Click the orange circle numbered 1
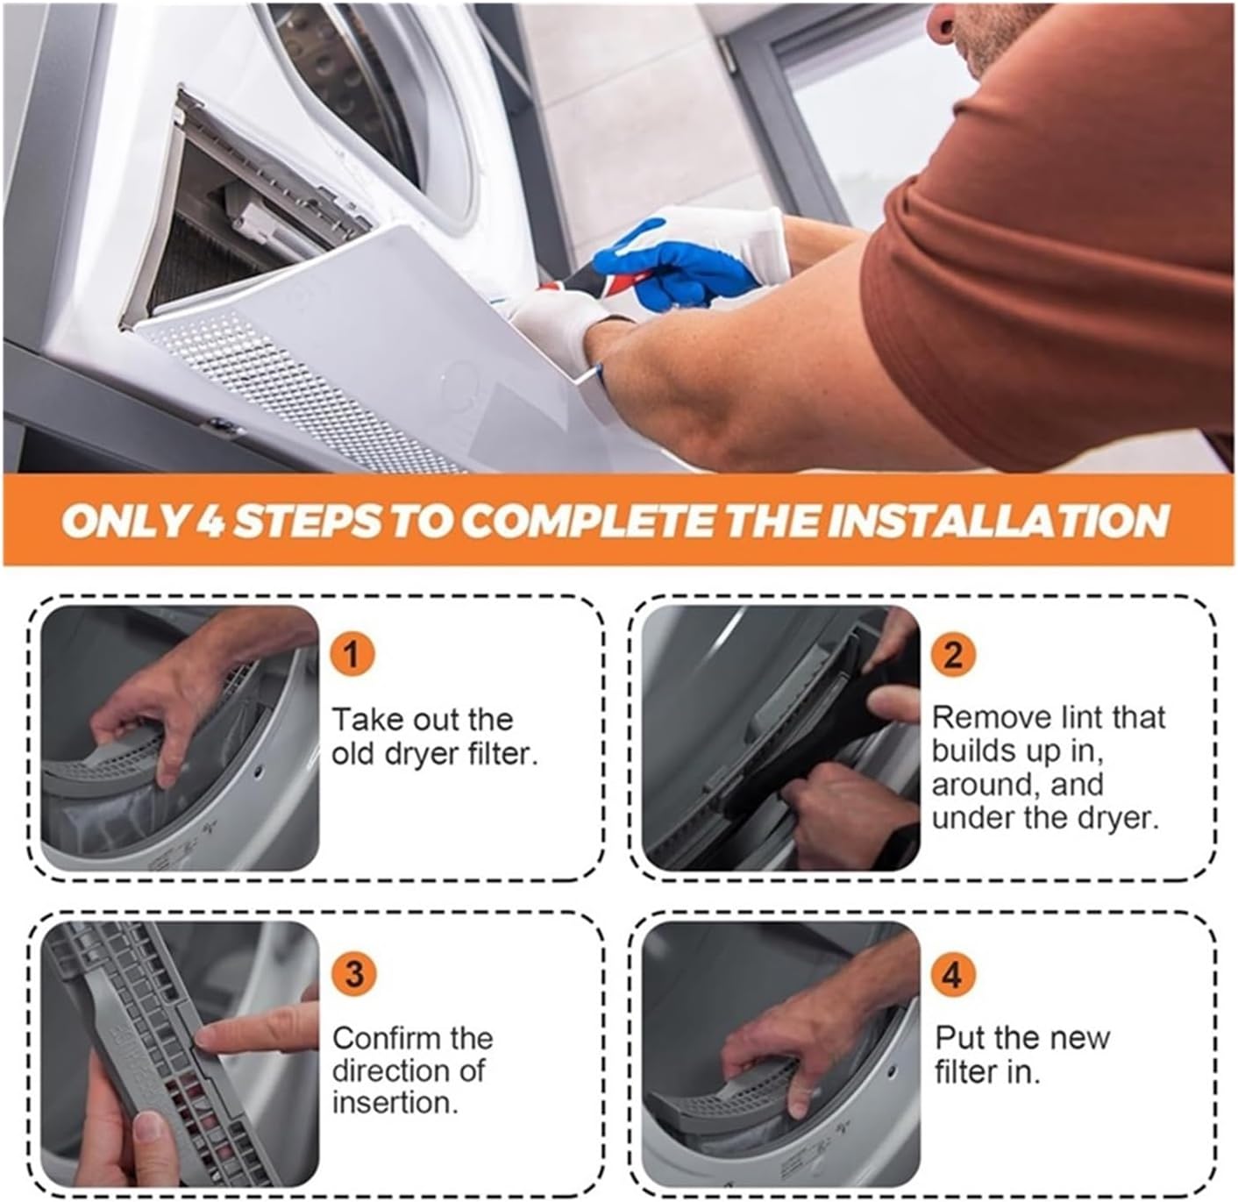coord(352,654)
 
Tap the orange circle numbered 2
coord(952,654)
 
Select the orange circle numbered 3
coord(353,974)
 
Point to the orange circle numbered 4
coord(952,974)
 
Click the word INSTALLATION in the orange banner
coord(999,521)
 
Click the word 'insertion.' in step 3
coord(395,1103)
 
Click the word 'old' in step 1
coord(358,753)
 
